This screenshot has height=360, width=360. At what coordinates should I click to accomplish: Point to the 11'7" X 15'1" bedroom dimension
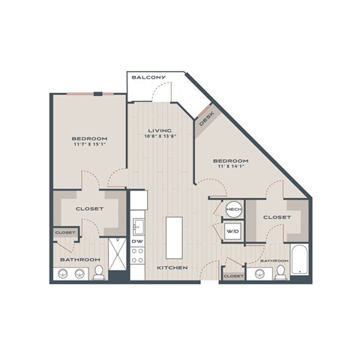tap(89, 145)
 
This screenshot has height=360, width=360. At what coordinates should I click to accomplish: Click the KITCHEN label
tap(172, 268)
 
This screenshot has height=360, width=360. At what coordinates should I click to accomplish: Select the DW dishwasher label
tap(138, 241)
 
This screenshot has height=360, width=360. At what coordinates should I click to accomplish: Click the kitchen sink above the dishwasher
tap(138, 225)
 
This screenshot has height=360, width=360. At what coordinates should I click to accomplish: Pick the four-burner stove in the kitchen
tap(138, 256)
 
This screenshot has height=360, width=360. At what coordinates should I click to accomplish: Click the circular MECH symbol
tap(233, 209)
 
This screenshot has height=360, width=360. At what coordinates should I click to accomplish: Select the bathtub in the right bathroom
tap(299, 260)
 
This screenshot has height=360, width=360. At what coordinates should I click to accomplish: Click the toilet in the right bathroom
tap(280, 271)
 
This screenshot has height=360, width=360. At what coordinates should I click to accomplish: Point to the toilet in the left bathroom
tap(98, 271)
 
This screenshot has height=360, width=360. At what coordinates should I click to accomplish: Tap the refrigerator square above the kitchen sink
tap(138, 200)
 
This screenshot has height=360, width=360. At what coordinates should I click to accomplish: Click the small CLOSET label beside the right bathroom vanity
tap(233, 276)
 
